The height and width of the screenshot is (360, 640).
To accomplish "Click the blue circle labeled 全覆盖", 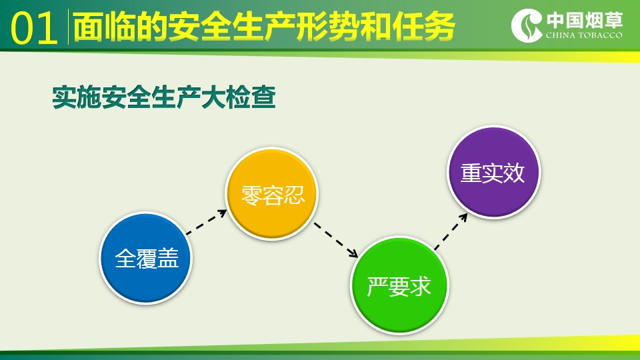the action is tap(146, 258).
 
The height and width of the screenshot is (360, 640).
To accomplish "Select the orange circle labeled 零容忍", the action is tap(272, 194).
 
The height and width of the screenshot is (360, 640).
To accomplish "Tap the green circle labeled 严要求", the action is tap(399, 286).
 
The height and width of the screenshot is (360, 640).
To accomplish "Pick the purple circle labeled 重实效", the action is tap(493, 172).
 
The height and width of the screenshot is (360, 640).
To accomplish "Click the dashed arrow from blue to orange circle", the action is tap(207, 222).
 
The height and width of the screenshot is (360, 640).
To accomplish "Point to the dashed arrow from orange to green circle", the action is tap(336, 240).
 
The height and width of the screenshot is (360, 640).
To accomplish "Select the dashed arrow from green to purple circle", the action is tap(451, 231).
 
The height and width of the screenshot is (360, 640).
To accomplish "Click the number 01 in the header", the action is tap(33, 28).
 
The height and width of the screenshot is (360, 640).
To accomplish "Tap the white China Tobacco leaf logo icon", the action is tap(527, 25).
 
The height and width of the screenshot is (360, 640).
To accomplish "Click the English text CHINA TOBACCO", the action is tap(584, 35).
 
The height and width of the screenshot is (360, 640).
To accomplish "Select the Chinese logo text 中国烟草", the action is tap(585, 20).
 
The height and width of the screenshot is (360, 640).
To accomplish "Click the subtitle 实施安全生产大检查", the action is tap(164, 97).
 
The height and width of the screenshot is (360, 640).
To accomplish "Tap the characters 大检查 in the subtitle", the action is tap(239, 97).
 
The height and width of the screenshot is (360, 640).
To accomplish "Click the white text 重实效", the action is tap(493, 173).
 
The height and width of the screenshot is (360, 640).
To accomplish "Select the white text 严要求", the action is tap(399, 287).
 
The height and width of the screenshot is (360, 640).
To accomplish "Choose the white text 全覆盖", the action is tap(147, 259).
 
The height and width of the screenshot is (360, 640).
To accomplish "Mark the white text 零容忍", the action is tap(273, 195).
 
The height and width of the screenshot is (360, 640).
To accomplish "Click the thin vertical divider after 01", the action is tap(68, 27).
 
